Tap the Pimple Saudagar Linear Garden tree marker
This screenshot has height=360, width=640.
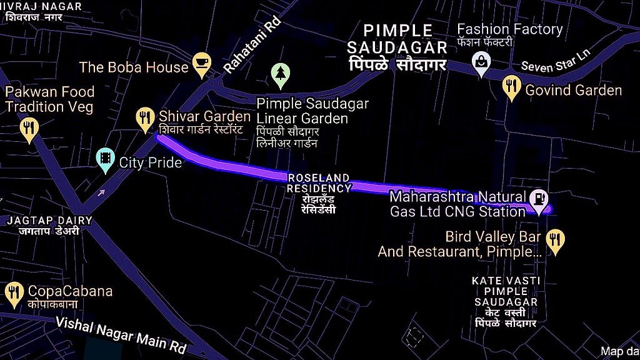[281, 75]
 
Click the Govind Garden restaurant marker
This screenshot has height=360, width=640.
[511, 87]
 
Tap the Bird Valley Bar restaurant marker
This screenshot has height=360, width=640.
[555, 241]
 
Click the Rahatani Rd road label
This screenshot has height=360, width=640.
[252, 47]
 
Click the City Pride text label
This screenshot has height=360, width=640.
[150, 163]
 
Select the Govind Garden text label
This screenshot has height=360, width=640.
[573, 90]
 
